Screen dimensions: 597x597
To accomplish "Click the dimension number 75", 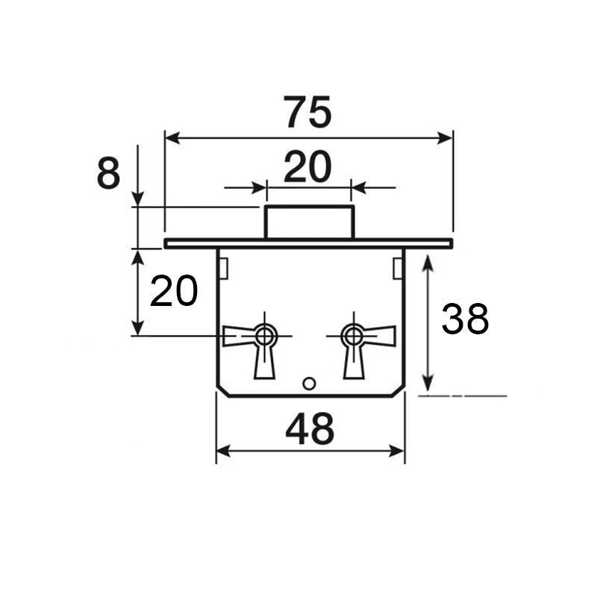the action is tap(307, 112).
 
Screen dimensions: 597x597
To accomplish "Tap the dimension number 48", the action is tap(310, 429).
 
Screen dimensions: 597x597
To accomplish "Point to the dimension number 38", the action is tap(465, 319).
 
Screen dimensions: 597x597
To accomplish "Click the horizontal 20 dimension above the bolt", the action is tap(307, 166).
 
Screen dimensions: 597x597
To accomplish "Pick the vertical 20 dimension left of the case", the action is tap(174, 291).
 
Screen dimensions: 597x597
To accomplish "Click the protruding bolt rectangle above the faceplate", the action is tap(310, 222).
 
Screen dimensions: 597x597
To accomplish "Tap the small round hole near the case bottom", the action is tap(309, 384).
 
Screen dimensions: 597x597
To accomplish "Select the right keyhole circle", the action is tap(354, 337).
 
